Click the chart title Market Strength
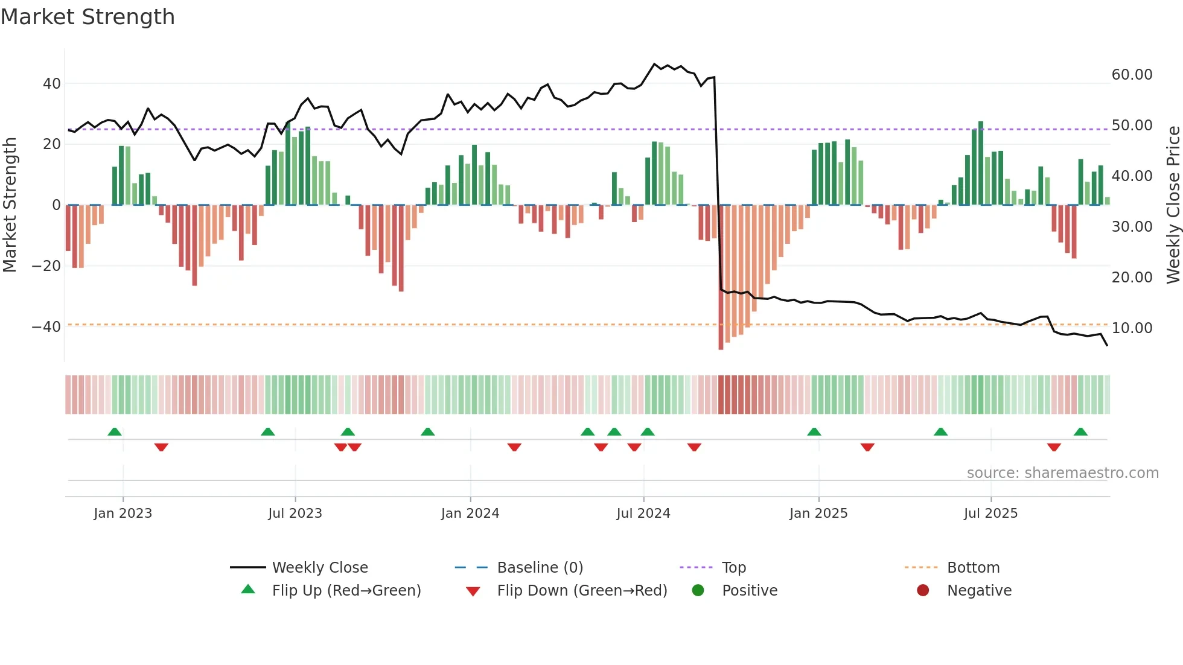click(x=88, y=17)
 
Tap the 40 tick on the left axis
click(x=52, y=84)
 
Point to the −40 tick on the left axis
click(x=46, y=327)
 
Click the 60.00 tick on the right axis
click(x=1132, y=75)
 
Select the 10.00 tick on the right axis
click(x=1132, y=328)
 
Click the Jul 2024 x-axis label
click(x=643, y=514)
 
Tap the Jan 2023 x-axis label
click(x=123, y=514)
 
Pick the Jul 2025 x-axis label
click(x=990, y=514)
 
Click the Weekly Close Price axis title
click(x=1173, y=205)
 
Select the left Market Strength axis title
click(x=10, y=205)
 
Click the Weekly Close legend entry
click(x=319, y=568)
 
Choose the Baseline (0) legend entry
click(x=540, y=568)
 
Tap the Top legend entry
click(x=733, y=568)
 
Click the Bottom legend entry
click(x=973, y=568)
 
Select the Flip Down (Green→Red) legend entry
click(x=581, y=591)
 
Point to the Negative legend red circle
click(x=923, y=591)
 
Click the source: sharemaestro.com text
click(x=1062, y=473)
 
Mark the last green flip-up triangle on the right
click(x=1080, y=432)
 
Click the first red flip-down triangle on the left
click(x=161, y=447)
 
